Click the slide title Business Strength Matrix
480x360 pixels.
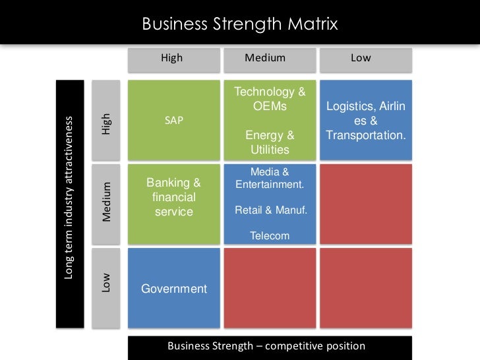[x=240, y=25]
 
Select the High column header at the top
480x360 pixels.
[x=171, y=58]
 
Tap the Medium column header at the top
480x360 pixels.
[x=265, y=58]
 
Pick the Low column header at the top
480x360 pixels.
[x=361, y=58]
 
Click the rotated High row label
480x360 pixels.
[x=107, y=123]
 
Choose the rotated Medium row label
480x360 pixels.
[x=107, y=200]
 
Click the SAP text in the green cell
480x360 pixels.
[x=174, y=121]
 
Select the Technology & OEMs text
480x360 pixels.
[x=270, y=99]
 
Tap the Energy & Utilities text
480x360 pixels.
[x=270, y=142]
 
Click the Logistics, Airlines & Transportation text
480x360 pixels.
[x=365, y=121]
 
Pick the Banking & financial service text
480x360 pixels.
[x=173, y=196]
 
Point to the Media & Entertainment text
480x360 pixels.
[x=270, y=178]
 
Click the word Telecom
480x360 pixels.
[x=270, y=235]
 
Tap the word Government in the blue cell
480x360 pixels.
[x=174, y=289]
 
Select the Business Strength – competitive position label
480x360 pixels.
[x=266, y=346]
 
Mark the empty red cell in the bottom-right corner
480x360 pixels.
[x=365, y=287]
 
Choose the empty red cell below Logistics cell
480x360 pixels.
[x=365, y=204]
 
